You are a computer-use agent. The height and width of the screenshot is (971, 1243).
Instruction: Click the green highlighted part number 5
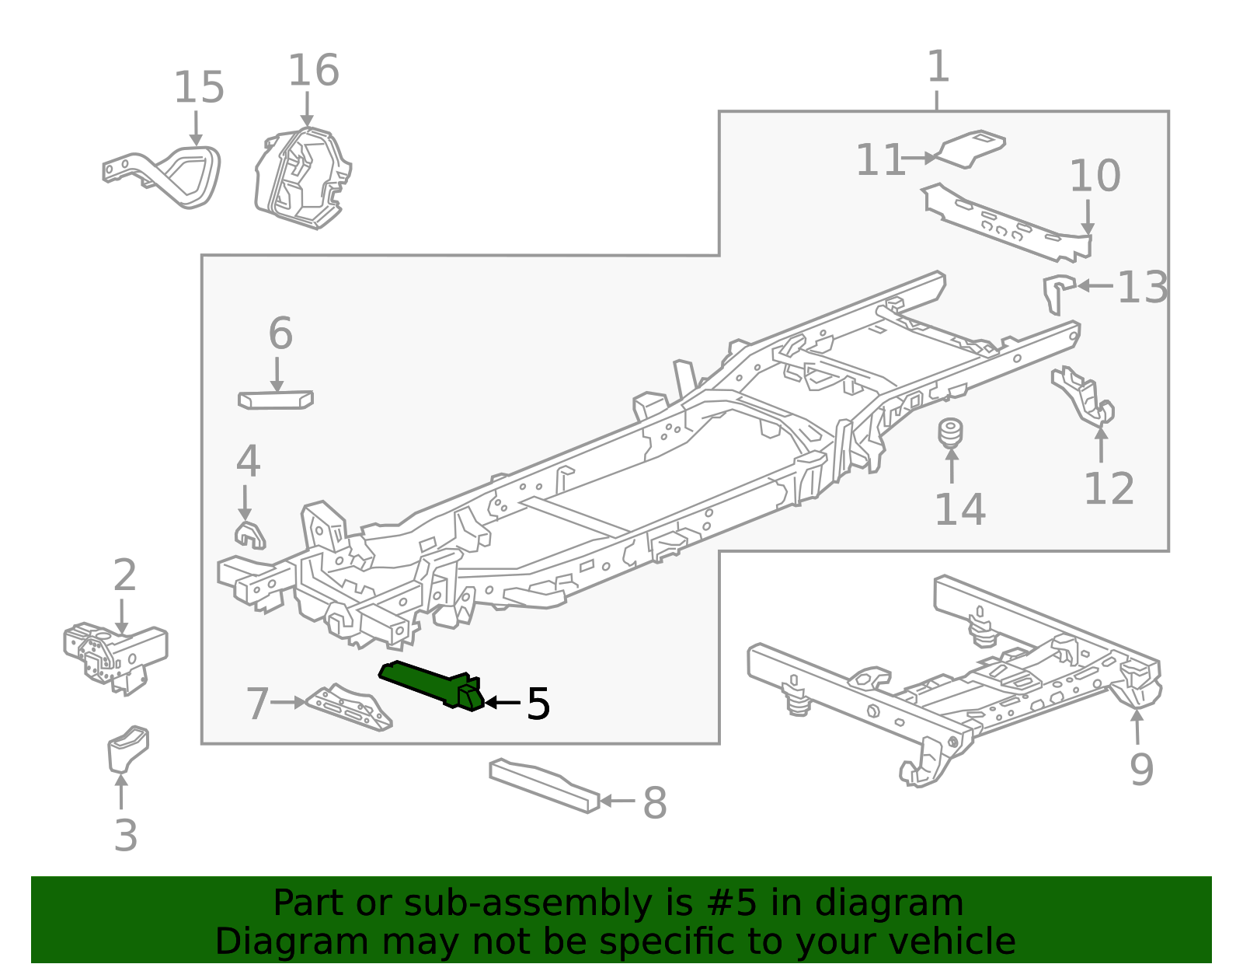431,683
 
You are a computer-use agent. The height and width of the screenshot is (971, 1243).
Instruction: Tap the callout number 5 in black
538,704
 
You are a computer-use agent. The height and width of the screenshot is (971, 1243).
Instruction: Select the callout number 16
313,71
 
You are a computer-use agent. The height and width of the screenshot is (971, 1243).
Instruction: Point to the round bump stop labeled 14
950,433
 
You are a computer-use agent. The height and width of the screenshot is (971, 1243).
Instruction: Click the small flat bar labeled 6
275,400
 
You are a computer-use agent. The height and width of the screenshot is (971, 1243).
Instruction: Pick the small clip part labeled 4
249,535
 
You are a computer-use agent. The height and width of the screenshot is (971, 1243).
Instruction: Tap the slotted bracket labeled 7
350,708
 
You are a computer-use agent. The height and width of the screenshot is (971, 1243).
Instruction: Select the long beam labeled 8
544,786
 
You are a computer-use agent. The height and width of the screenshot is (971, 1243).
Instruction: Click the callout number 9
1141,770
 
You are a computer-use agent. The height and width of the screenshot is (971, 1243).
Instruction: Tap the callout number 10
1095,176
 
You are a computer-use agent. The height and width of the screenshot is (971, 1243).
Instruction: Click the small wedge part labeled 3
127,748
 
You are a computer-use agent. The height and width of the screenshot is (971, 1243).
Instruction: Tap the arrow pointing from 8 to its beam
618,801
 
